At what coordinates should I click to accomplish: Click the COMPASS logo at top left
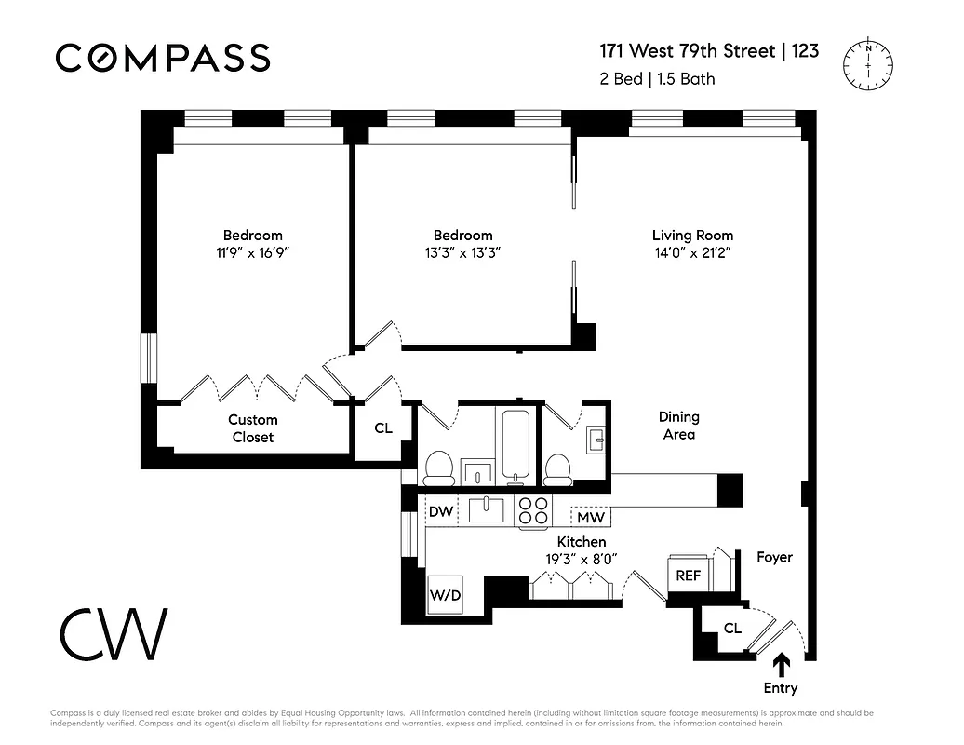click(x=163, y=58)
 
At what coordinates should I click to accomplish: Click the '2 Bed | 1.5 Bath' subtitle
click(x=657, y=79)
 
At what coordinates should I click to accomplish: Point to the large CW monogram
click(x=114, y=633)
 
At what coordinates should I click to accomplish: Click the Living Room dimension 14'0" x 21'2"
click(x=692, y=253)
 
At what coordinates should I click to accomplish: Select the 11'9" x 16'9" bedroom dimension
click(x=252, y=253)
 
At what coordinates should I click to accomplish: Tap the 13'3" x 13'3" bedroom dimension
click(x=462, y=253)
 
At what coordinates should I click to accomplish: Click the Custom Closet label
click(x=253, y=429)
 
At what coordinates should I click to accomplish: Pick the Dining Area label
click(x=678, y=426)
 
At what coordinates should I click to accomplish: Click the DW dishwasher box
click(x=440, y=510)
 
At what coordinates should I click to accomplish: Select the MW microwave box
click(x=591, y=517)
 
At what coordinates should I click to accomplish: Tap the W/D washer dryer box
click(x=445, y=594)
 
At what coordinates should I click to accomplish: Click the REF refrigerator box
click(x=688, y=575)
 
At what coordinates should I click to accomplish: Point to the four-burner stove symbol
click(x=533, y=510)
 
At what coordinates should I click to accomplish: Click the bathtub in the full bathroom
click(x=515, y=443)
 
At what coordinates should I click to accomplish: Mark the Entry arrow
click(x=782, y=663)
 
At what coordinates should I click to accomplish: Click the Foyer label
click(x=774, y=557)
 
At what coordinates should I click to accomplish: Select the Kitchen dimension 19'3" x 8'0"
click(x=582, y=560)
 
